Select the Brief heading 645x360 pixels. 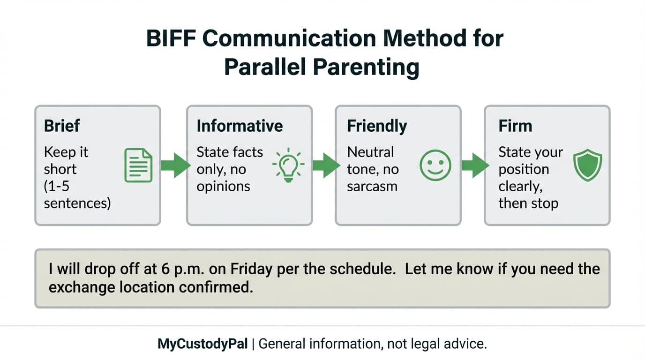point(62,126)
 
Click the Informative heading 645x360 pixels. point(240,126)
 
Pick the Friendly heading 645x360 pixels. point(377,126)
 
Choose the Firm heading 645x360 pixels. point(515,126)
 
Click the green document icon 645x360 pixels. point(138,165)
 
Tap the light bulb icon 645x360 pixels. point(288,165)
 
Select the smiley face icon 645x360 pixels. point(435,165)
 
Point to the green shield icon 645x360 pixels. point(588,165)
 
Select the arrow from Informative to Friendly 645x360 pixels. point(325,165)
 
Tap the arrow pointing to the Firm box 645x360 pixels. point(474,165)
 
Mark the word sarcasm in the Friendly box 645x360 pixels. point(372,186)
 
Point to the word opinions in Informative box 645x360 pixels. point(223,186)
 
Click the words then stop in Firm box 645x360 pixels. point(528,204)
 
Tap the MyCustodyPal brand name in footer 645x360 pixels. point(202,344)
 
